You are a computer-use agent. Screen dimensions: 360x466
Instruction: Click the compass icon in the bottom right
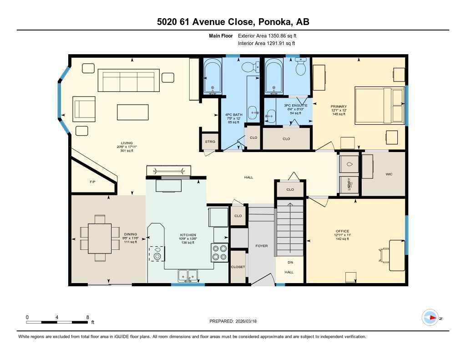tap(430, 317)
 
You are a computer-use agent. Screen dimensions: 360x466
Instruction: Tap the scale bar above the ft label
tap(57, 322)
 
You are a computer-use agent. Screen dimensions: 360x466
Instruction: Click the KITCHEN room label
tap(187, 235)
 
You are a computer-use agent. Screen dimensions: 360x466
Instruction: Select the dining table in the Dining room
tap(100, 238)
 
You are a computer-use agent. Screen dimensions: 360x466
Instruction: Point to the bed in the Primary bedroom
tap(379, 104)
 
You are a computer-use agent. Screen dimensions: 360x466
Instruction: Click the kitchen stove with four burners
tap(219, 253)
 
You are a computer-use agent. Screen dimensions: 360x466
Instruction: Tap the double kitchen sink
tap(187, 275)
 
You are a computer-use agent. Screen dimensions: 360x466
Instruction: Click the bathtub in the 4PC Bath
tap(212, 76)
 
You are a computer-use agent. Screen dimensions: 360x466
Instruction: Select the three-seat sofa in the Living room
tap(128, 81)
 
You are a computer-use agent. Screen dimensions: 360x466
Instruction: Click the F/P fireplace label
tap(92, 182)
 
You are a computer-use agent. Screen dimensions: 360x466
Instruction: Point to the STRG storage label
tap(210, 141)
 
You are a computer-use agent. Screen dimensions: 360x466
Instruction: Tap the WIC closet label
tap(389, 174)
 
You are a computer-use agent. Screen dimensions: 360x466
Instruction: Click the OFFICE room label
tap(342, 231)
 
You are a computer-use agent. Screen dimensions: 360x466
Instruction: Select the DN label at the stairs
tap(290, 263)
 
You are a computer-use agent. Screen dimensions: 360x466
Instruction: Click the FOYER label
tap(261, 246)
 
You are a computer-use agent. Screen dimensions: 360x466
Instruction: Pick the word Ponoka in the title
tap(276, 22)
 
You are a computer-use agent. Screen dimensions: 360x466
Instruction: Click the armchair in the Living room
tap(85, 108)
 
